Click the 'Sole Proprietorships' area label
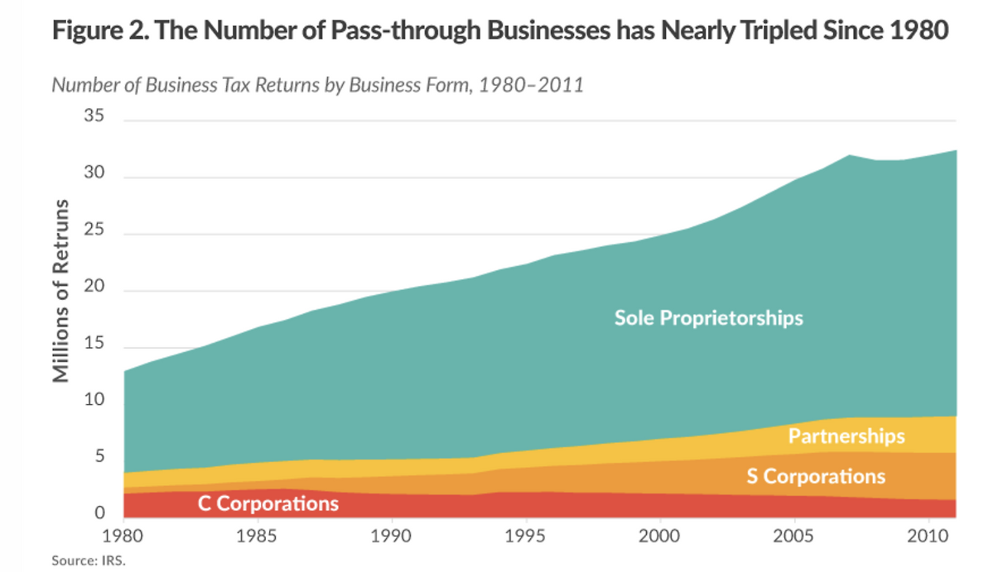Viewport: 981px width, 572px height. (708, 317)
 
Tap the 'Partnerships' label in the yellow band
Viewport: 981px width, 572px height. (846, 436)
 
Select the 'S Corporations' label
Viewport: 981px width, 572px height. (815, 476)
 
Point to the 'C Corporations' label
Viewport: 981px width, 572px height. (268, 504)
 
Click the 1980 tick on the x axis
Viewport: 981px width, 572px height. (123, 533)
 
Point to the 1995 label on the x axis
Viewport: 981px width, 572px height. (526, 533)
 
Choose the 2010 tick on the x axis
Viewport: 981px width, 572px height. (928, 533)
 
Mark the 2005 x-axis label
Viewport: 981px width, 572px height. (794, 533)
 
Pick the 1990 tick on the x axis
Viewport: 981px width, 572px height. (392, 533)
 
